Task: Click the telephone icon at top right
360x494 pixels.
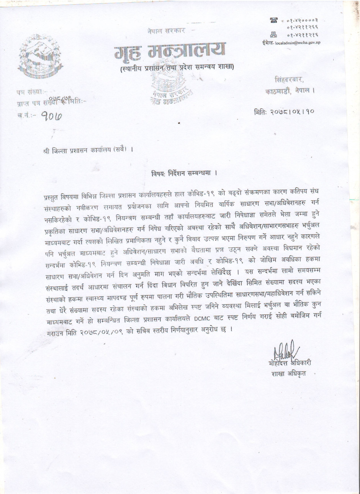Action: coord(273,20)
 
